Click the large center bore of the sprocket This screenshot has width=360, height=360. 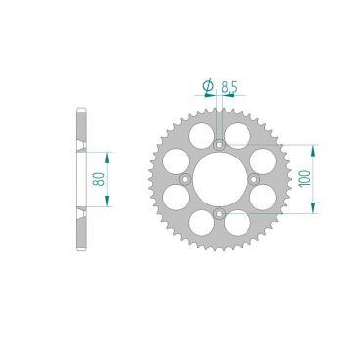(219, 179)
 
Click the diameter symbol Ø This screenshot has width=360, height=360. (208, 88)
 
